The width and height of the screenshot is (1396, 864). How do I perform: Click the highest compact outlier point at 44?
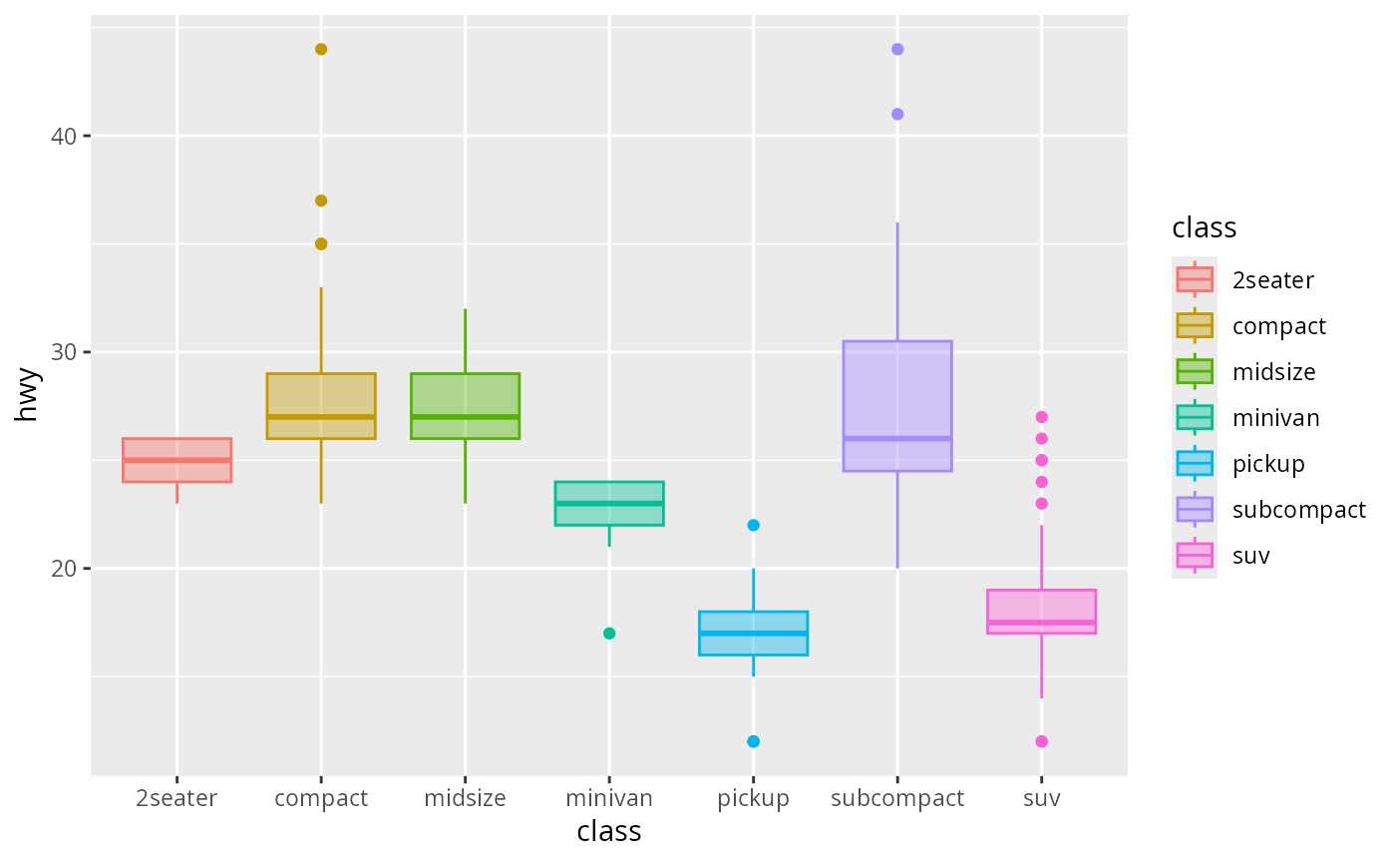pyautogui.click(x=321, y=49)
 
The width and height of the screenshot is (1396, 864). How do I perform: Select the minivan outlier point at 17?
pyautogui.click(x=609, y=634)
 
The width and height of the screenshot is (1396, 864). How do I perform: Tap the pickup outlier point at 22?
pyautogui.click(x=754, y=525)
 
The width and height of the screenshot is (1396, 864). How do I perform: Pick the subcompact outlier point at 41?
pyautogui.click(x=897, y=114)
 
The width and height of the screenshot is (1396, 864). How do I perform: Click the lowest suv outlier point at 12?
pyautogui.click(x=1042, y=741)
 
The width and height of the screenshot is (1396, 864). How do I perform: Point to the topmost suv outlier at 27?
pyautogui.click(x=1042, y=417)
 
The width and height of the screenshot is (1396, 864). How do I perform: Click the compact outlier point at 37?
pyautogui.click(x=321, y=201)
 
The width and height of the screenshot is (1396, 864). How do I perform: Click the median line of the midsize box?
pyautogui.click(x=466, y=417)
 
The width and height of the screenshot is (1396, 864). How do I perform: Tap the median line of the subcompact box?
pyautogui.click(x=897, y=438)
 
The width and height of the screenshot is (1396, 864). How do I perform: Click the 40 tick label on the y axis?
pyautogui.click(x=65, y=137)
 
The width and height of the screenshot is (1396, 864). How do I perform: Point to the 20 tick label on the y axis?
pyautogui.click(x=65, y=570)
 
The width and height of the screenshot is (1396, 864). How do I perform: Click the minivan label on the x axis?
pyautogui.click(x=609, y=799)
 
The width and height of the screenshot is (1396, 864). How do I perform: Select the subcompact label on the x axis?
pyautogui.click(x=897, y=799)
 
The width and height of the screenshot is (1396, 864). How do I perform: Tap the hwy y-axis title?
pyautogui.click(x=27, y=396)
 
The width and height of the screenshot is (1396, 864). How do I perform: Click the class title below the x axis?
pyautogui.click(x=609, y=831)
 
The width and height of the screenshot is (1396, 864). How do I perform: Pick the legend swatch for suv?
pyautogui.click(x=1195, y=555)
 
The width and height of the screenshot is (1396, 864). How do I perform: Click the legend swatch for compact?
pyautogui.click(x=1195, y=325)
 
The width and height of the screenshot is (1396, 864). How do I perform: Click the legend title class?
pyautogui.click(x=1205, y=228)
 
